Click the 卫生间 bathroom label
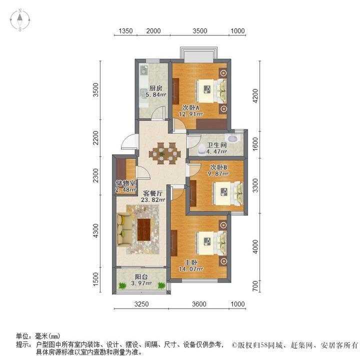click(x=217, y=144)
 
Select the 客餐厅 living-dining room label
click(x=153, y=193)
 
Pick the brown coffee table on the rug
click(x=144, y=229)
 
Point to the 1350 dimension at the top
click(x=125, y=31)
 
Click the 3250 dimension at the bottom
click(x=142, y=304)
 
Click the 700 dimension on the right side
click(x=255, y=287)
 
